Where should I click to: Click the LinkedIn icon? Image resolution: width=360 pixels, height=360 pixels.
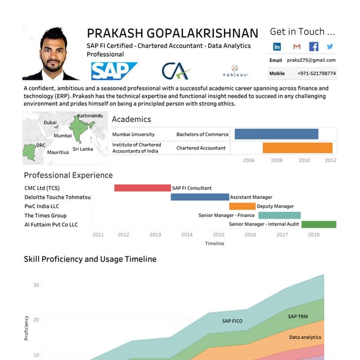click(x=277, y=47)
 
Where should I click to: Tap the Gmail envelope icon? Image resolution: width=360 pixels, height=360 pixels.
click(x=297, y=47)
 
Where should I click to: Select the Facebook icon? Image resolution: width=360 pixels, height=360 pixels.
click(x=314, y=47)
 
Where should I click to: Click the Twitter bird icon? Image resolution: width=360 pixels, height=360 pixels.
click(x=330, y=47)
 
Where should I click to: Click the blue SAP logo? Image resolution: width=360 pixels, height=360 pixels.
click(x=114, y=71)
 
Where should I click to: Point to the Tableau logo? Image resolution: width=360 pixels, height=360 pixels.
click(x=235, y=71)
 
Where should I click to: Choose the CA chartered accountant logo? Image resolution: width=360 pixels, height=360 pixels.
click(x=176, y=71)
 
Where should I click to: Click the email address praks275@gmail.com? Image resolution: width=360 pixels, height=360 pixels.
click(x=311, y=60)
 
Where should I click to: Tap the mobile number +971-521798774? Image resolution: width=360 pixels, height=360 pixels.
click(x=316, y=74)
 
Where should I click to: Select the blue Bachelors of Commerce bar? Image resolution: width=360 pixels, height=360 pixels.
click(x=276, y=134)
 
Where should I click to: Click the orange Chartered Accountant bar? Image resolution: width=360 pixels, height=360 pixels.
click(x=298, y=148)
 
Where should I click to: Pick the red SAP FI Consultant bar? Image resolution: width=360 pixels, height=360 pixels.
click(x=142, y=188)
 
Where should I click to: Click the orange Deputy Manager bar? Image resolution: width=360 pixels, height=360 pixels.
click(x=242, y=206)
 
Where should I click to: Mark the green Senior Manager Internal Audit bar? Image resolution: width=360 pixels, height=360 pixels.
click(x=319, y=224)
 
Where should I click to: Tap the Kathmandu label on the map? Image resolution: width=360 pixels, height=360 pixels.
click(x=90, y=116)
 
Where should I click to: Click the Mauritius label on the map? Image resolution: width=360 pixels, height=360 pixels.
click(x=58, y=152)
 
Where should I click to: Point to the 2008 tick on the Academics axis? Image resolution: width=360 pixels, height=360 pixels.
click(x=277, y=160)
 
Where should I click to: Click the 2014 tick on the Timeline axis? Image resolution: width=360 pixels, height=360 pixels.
click(x=187, y=235)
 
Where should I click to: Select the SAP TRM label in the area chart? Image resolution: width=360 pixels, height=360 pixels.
click(x=298, y=317)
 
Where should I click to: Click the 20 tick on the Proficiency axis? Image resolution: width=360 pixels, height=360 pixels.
click(x=36, y=320)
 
